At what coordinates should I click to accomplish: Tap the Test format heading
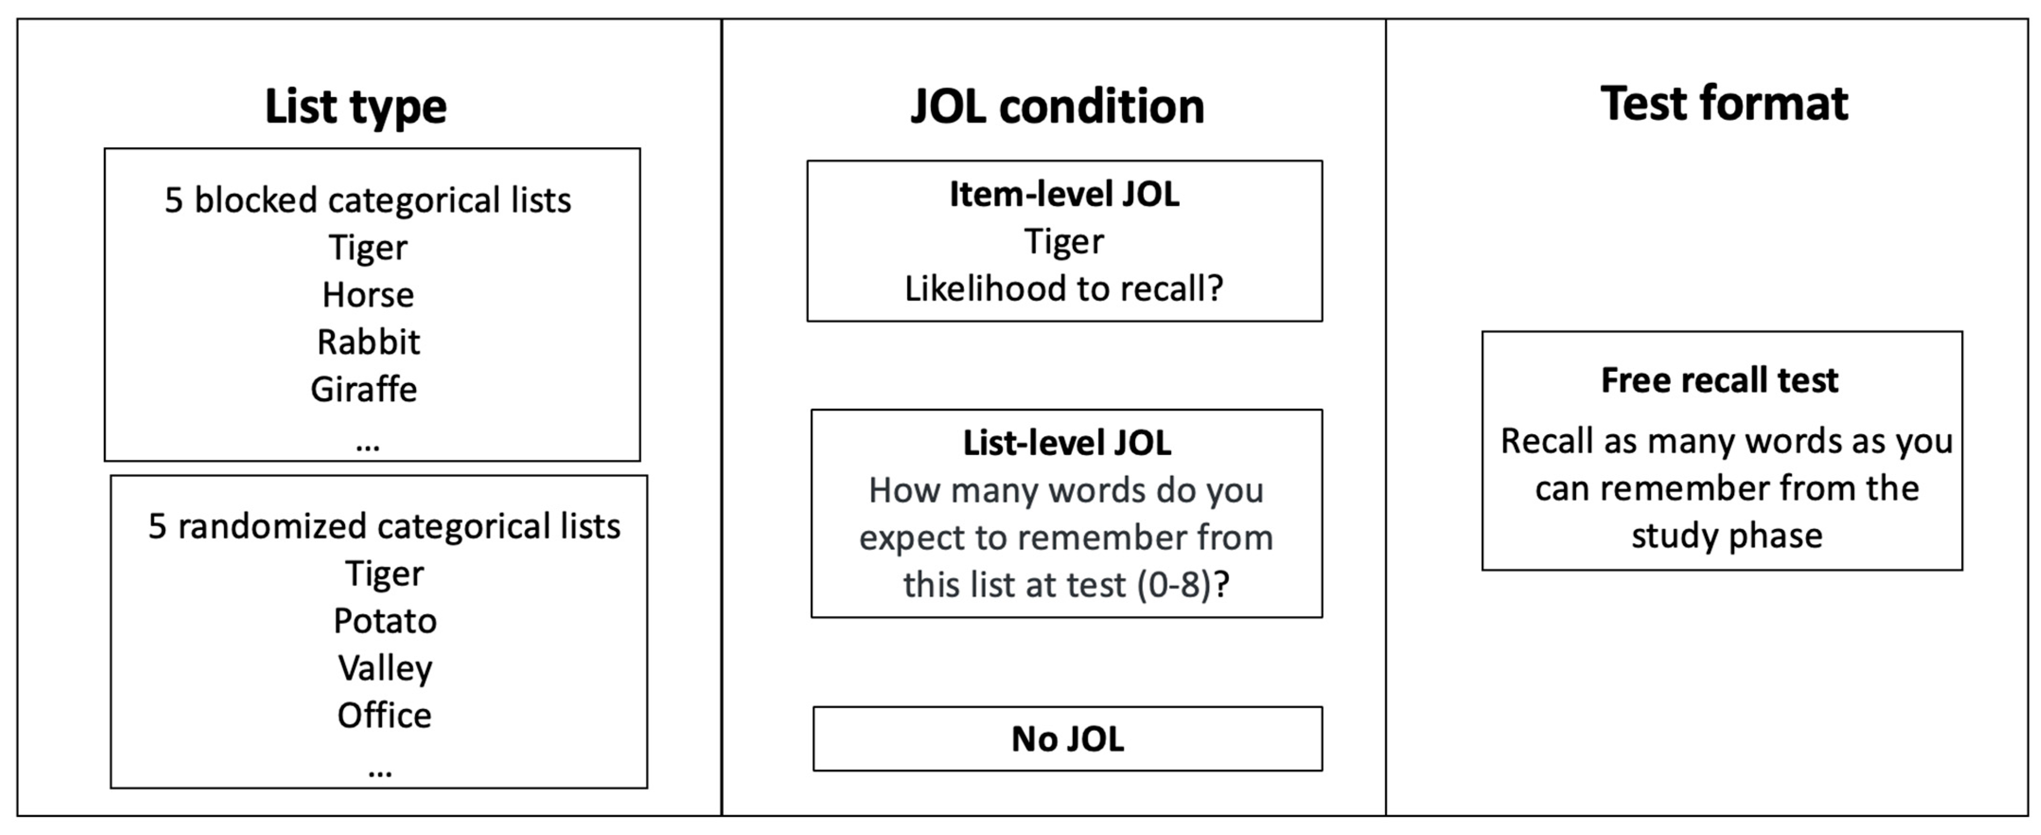click(1724, 104)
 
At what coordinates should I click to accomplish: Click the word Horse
click(368, 295)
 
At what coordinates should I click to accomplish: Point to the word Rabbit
click(369, 342)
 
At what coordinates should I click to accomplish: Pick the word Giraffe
click(364, 389)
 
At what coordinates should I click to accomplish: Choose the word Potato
click(385, 620)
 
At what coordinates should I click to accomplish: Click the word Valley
click(385, 668)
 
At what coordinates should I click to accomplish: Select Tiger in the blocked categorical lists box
click(368, 247)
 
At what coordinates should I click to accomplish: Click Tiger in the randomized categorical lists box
click(384, 573)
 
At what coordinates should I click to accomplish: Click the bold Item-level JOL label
click(1064, 194)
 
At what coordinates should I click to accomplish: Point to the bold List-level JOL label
click(1066, 443)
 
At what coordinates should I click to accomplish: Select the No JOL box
click(1067, 738)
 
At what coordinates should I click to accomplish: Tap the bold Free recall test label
click(1719, 380)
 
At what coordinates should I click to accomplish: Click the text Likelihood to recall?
click(1064, 289)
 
